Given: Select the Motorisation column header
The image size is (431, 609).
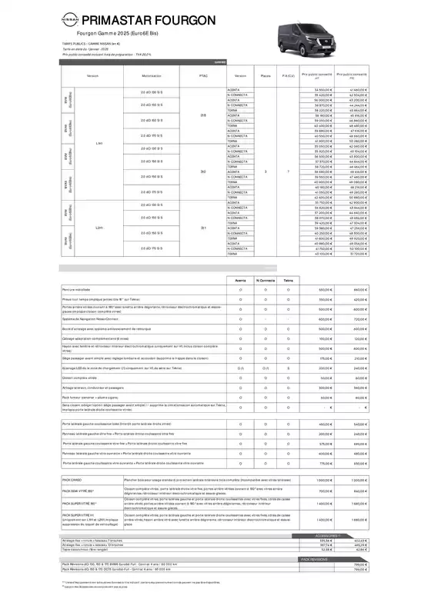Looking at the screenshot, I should click(x=151, y=77).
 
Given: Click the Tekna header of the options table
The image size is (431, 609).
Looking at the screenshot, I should click(x=288, y=281).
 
